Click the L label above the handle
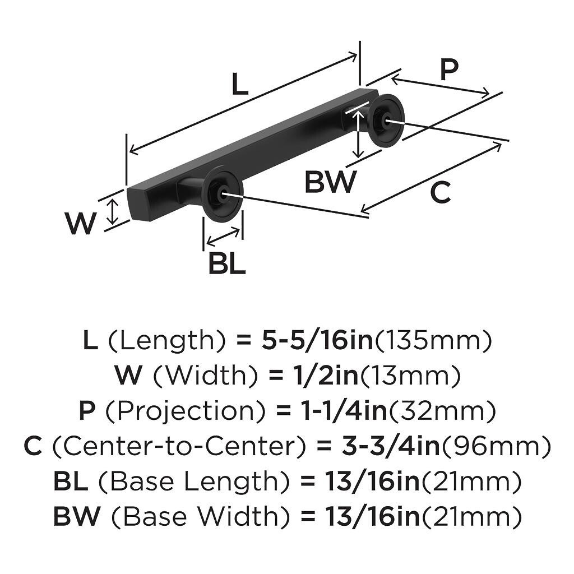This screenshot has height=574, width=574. click(239, 85)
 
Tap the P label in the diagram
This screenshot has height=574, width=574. click(448, 70)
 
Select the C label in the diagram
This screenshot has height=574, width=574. click(441, 193)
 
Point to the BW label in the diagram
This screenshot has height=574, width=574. click(330, 182)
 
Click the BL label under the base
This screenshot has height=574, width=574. click(226, 263)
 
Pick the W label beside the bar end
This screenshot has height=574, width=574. click(81, 223)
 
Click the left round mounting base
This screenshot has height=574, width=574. click(222, 194)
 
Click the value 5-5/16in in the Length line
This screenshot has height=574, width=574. click(317, 340)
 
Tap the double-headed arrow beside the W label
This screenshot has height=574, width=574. click(114, 211)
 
